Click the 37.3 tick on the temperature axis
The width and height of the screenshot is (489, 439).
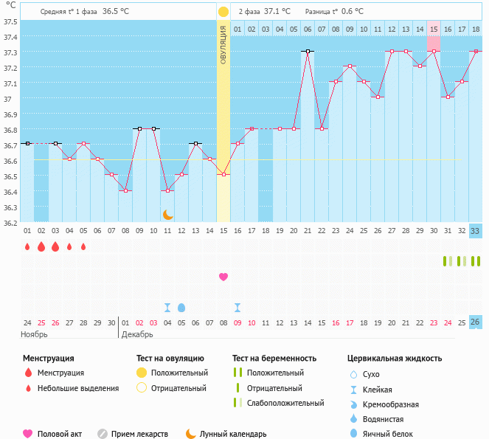pos(10,52)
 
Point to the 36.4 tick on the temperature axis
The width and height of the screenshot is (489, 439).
pos(10,192)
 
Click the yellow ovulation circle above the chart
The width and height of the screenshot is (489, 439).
pos(223,12)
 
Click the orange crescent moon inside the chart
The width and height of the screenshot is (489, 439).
pos(168,214)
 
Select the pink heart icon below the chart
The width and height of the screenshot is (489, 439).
pos(223,277)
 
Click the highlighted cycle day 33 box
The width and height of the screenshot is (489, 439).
pos(476,231)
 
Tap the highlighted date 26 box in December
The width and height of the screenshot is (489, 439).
pos(476,322)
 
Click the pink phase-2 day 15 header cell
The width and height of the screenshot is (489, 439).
pos(434,29)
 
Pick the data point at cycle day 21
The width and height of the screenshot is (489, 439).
pos(308,52)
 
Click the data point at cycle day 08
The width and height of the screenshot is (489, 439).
pos(125,191)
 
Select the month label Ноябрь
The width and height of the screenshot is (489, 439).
pos(35,334)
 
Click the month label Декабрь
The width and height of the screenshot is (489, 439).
pos(137,334)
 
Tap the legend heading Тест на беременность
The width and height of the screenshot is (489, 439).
pos(274,359)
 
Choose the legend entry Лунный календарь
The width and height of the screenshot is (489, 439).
pos(232,434)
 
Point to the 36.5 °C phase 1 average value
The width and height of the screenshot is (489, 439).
pos(116,12)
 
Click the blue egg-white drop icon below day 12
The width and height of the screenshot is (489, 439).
pos(181,307)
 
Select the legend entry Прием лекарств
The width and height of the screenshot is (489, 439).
pos(139,434)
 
